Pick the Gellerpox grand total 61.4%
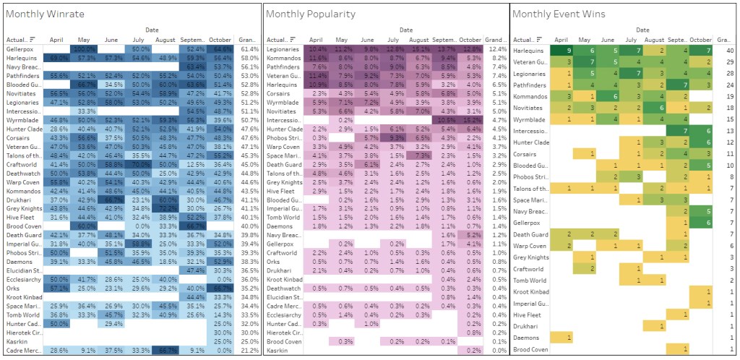(246, 48)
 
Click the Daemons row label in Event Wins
(526, 337)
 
